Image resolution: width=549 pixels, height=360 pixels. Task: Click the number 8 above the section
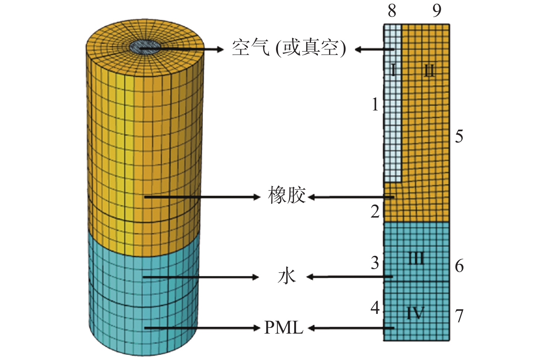click(392, 11)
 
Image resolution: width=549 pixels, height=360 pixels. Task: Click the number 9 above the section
click(437, 11)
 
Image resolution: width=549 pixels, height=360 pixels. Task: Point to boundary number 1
click(375, 105)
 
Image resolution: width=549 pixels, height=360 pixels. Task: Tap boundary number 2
click(375, 212)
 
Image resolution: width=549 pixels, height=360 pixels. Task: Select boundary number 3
click(375, 263)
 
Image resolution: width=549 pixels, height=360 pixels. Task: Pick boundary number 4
click(375, 308)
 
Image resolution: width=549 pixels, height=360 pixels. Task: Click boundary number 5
click(459, 136)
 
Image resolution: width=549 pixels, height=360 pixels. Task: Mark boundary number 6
click(459, 266)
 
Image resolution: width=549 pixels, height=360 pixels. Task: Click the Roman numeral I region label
click(393, 70)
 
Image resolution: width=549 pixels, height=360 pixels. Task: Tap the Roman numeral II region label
click(429, 70)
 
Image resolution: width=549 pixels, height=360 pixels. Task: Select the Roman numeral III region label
click(416, 258)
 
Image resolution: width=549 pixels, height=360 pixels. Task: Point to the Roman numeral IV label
click(415, 313)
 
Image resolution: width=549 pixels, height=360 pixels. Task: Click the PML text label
click(283, 328)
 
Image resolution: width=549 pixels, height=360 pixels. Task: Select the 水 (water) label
click(286, 277)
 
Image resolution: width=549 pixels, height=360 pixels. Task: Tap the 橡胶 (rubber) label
click(286, 196)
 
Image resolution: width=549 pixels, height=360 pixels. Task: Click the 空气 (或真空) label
click(289, 48)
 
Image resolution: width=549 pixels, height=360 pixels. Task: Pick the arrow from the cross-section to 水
click(350, 277)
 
